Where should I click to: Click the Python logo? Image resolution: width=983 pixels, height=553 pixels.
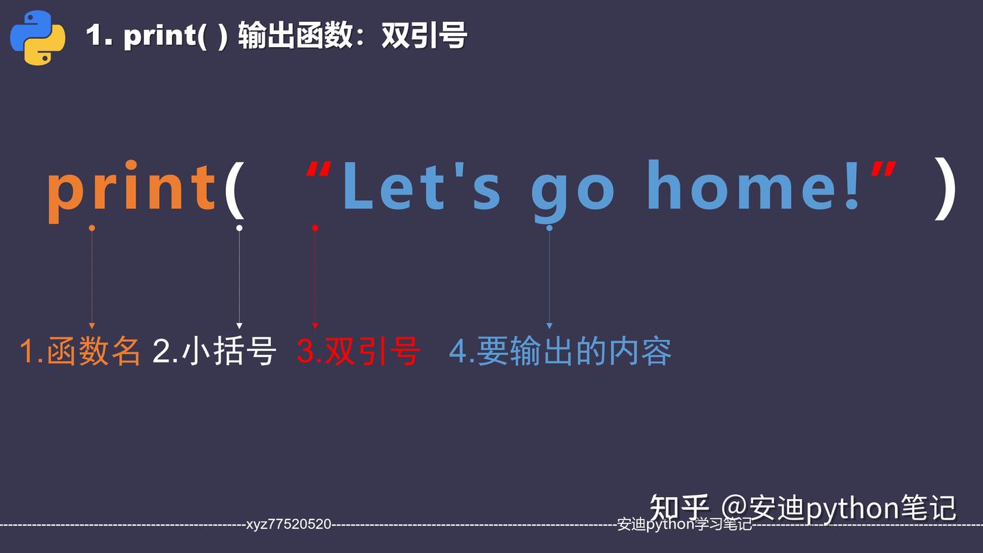coord(38,38)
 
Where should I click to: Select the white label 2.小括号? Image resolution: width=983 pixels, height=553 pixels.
coord(214,351)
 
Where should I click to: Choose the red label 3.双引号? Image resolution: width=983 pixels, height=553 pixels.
coord(358,351)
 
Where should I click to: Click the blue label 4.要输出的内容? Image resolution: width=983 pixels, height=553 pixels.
coord(560,351)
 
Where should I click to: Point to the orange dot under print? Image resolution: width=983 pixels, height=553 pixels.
coord(92,228)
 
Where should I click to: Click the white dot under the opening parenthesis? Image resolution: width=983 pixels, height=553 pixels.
coord(239,228)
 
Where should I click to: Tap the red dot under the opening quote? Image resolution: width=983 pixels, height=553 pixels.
coord(315,228)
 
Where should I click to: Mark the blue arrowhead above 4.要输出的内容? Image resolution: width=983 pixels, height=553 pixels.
coord(549,326)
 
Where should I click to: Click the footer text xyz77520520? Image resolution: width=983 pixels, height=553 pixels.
coord(289,524)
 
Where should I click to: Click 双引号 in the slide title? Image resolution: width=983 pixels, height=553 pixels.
coord(424,36)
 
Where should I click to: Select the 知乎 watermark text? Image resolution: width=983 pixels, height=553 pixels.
coord(679,507)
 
